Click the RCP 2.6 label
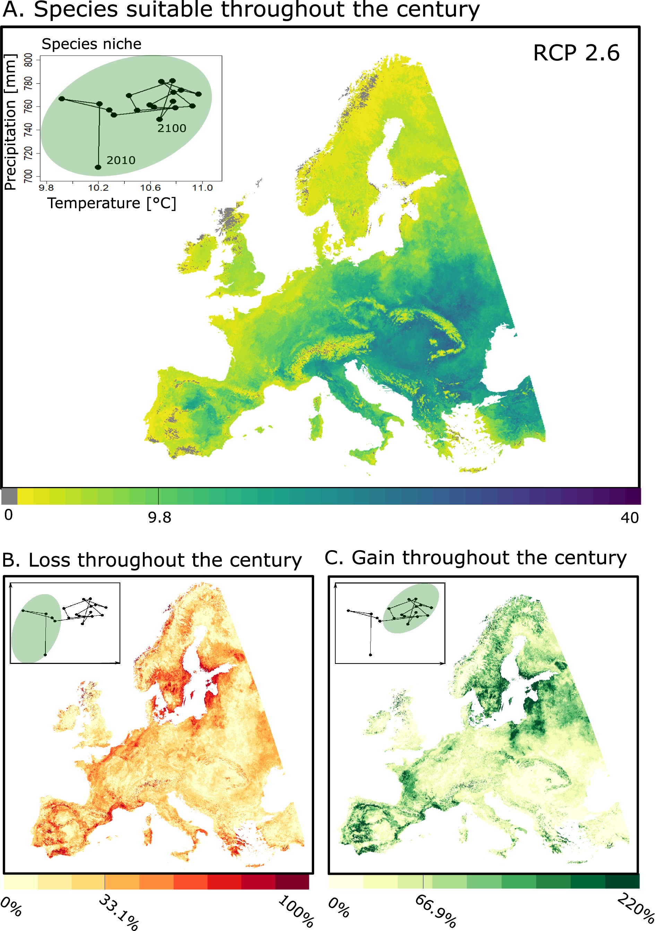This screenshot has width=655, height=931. point(576,53)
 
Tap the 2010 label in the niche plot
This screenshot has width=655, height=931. point(121,160)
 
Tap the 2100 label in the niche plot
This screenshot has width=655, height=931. point(172,128)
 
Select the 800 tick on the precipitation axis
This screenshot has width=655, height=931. point(28,60)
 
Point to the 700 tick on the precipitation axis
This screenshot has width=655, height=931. point(28,176)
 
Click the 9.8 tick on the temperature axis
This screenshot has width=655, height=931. point(46,188)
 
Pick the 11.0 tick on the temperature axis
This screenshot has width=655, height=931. point(202,188)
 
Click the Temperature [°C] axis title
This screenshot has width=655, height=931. point(112,203)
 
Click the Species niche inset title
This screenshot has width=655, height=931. point(92,44)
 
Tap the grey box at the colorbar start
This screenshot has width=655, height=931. point(9,496)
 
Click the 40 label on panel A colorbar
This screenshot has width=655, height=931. point(629,518)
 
